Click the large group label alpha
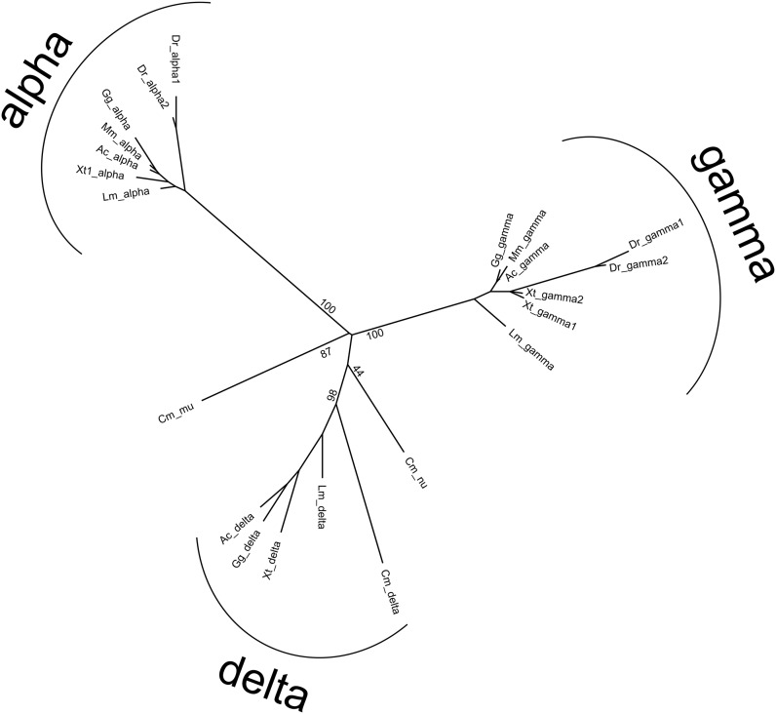coord(40,79)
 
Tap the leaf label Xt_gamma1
coord(551,316)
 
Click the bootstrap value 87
coord(327,353)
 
